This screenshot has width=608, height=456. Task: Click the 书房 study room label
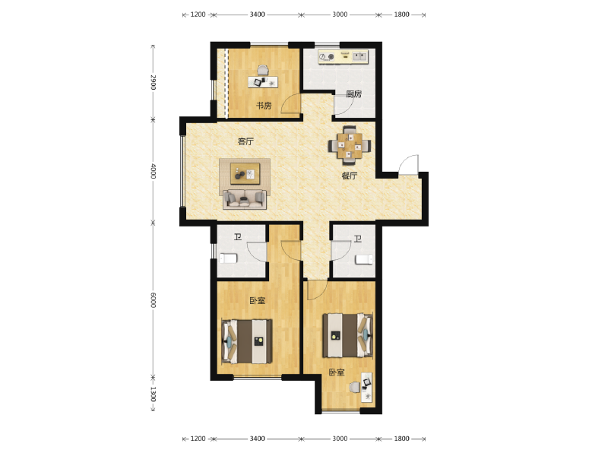(263, 106)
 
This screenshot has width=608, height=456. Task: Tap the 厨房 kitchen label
(353, 94)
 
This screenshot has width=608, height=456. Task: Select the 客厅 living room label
(245, 141)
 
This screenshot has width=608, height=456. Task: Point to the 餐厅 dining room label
(349, 176)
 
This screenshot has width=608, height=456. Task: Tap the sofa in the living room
(244, 199)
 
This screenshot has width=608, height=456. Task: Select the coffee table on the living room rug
(244, 174)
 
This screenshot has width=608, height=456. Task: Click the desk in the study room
(263, 80)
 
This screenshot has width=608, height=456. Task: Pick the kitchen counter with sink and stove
(343, 57)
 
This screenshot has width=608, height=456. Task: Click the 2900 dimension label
(153, 82)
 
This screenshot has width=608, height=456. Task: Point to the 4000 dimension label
(153, 171)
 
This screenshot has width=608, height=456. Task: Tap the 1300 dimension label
(153, 394)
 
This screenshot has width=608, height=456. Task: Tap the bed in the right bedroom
(348, 335)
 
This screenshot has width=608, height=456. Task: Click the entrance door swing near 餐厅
(409, 165)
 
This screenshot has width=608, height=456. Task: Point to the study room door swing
(290, 106)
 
